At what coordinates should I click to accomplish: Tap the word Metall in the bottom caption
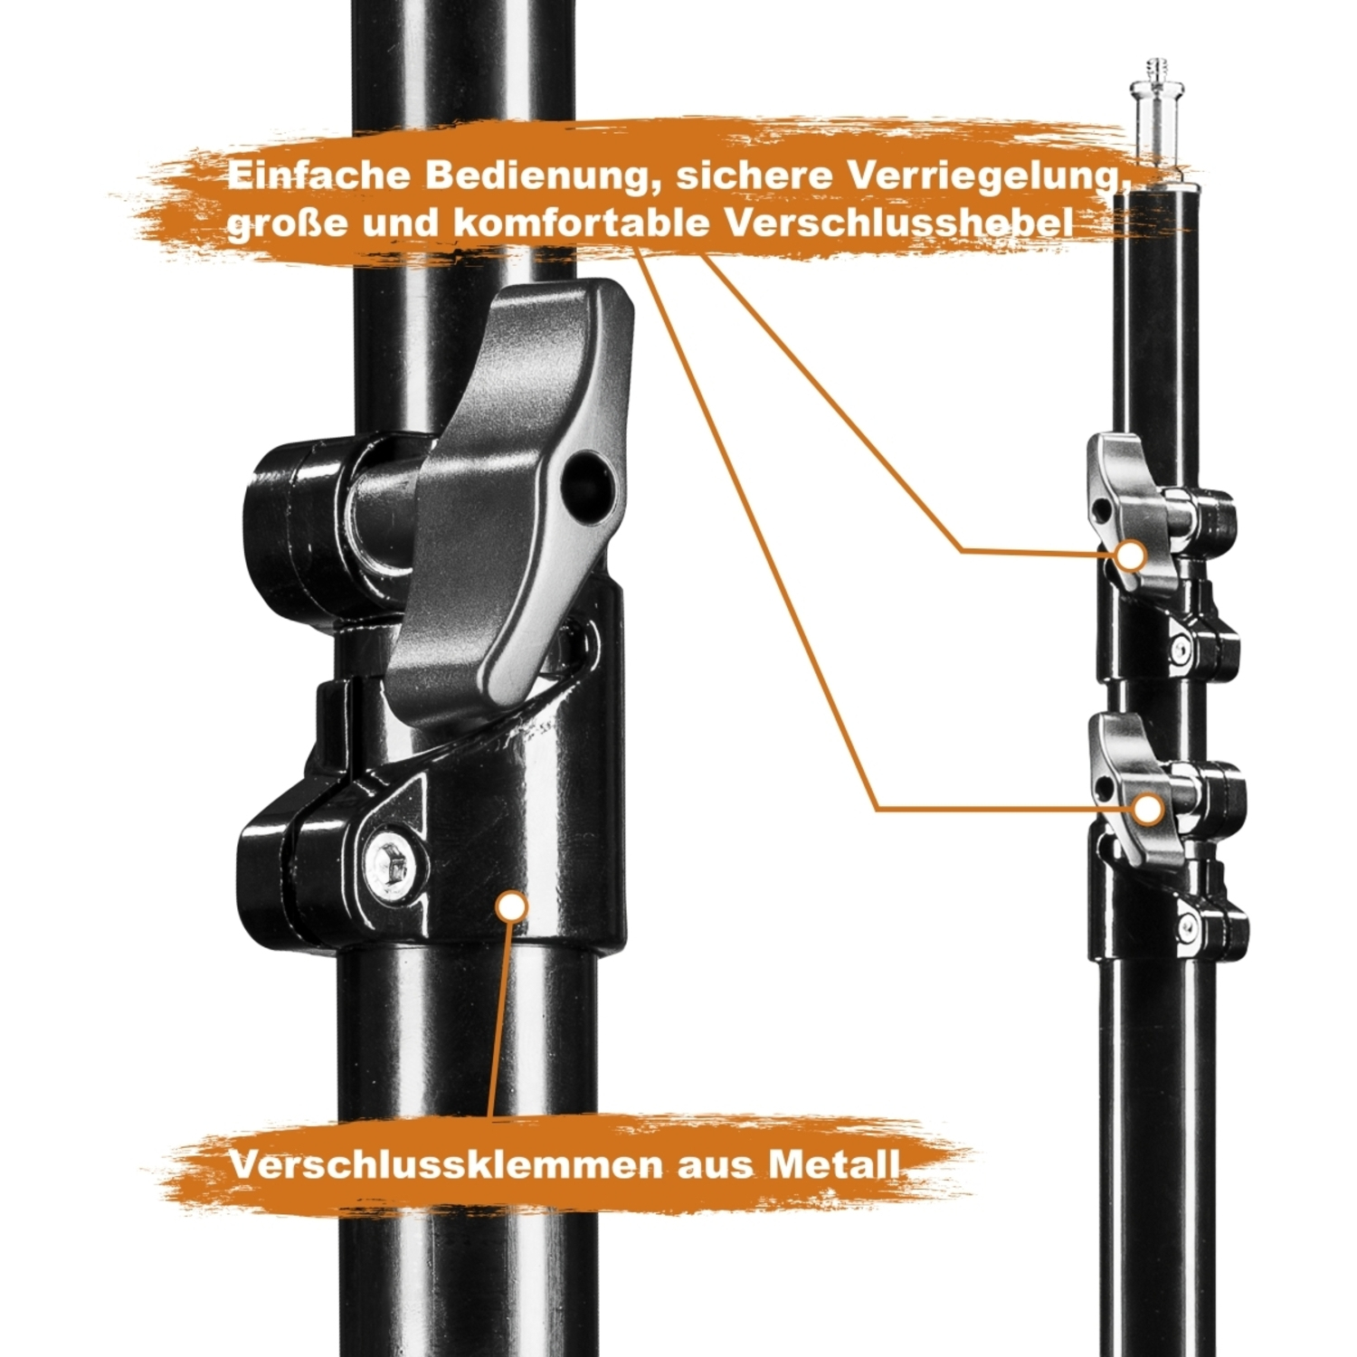click(834, 1164)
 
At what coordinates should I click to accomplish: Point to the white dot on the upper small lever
click(1131, 555)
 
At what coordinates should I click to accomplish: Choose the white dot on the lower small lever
click(1148, 810)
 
